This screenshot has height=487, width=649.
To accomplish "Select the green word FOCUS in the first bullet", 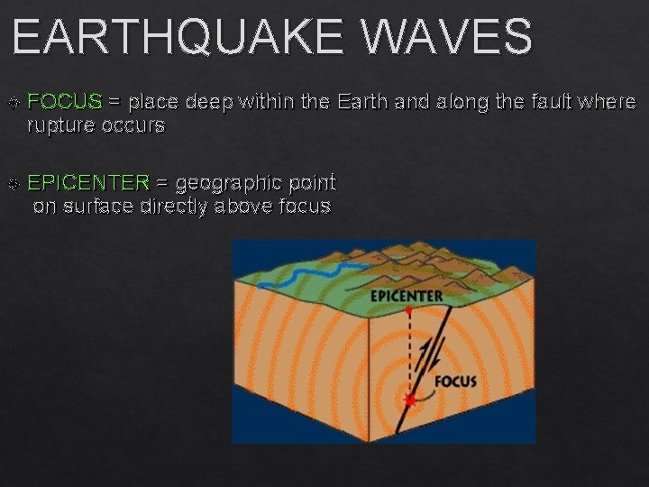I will point(65,102).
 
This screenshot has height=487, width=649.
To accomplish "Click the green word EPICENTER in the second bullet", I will point(88,183).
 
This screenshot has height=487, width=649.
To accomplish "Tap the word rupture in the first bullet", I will point(60,125).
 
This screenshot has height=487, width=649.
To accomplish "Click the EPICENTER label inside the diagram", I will point(407,295).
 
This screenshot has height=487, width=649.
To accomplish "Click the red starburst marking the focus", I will point(409,400).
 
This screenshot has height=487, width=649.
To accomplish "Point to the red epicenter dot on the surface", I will point(408,310).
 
